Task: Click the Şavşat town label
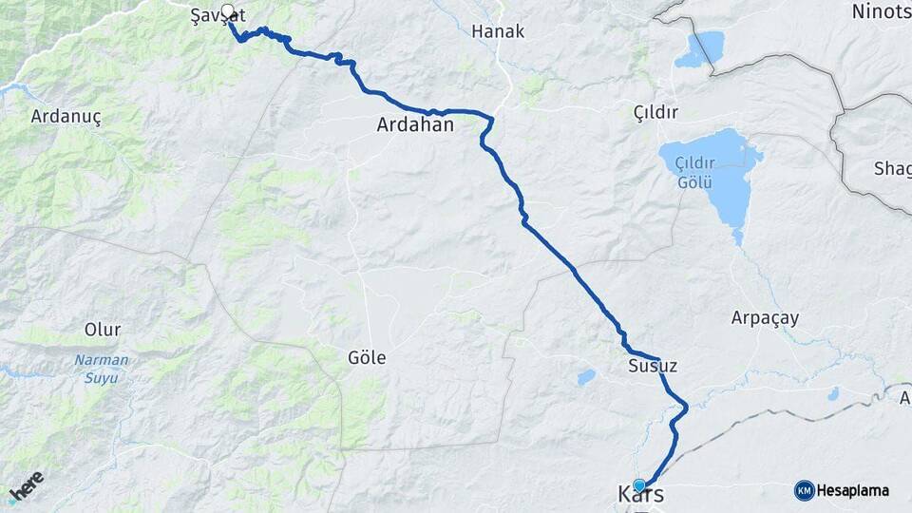tap(218, 16)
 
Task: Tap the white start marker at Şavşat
tap(227, 12)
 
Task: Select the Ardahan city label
tap(415, 124)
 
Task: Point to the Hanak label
tap(498, 31)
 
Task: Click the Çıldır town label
tap(655, 113)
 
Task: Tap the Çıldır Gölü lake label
tap(693, 173)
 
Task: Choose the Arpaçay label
tap(765, 317)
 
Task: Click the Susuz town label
tap(652, 366)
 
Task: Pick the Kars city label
tap(640, 496)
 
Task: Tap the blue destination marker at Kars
tap(639, 484)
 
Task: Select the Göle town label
tap(367, 357)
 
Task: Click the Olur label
tap(103, 330)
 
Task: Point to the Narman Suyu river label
tap(97, 370)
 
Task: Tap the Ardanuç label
tap(66, 116)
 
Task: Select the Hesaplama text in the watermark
tap(853, 491)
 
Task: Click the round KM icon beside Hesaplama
tap(804, 491)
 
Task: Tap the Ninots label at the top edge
tap(881, 11)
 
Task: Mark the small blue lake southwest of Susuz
tap(586, 377)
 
